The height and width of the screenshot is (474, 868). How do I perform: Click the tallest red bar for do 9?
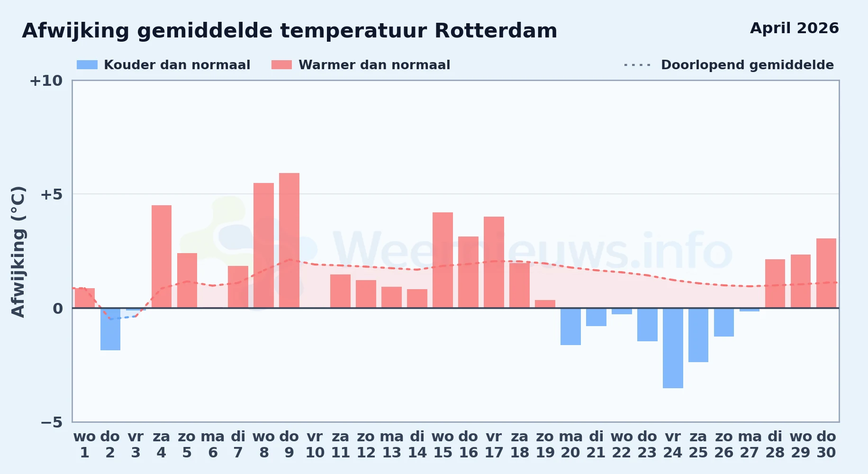[289, 240]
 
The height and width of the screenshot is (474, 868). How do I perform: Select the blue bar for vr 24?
[673, 348]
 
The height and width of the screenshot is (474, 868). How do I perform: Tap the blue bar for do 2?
[110, 329]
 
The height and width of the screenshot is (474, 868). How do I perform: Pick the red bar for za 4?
[162, 256]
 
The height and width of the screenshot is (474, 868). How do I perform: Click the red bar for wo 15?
[443, 260]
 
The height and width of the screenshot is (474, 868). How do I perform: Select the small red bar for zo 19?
[545, 304]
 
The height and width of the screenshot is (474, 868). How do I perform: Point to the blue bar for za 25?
[698, 335]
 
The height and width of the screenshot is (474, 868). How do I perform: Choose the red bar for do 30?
[826, 273]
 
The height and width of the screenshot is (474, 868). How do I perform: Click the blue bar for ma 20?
[570, 327]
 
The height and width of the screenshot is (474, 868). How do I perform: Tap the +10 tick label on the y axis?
[46, 81]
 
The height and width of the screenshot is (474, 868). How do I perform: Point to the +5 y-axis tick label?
[51, 194]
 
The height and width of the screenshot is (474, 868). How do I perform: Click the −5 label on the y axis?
[52, 422]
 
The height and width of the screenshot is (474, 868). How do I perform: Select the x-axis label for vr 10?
[315, 445]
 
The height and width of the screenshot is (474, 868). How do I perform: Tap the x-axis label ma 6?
[213, 445]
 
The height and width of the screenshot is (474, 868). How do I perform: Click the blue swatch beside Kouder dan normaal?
[87, 65]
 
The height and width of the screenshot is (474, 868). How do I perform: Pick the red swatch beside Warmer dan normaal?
[281, 65]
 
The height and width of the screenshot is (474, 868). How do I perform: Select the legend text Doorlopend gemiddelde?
[747, 65]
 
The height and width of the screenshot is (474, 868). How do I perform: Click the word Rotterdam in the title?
[496, 31]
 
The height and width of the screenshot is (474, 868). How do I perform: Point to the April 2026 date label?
[795, 28]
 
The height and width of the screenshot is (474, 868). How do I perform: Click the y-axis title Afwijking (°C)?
[18, 251]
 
